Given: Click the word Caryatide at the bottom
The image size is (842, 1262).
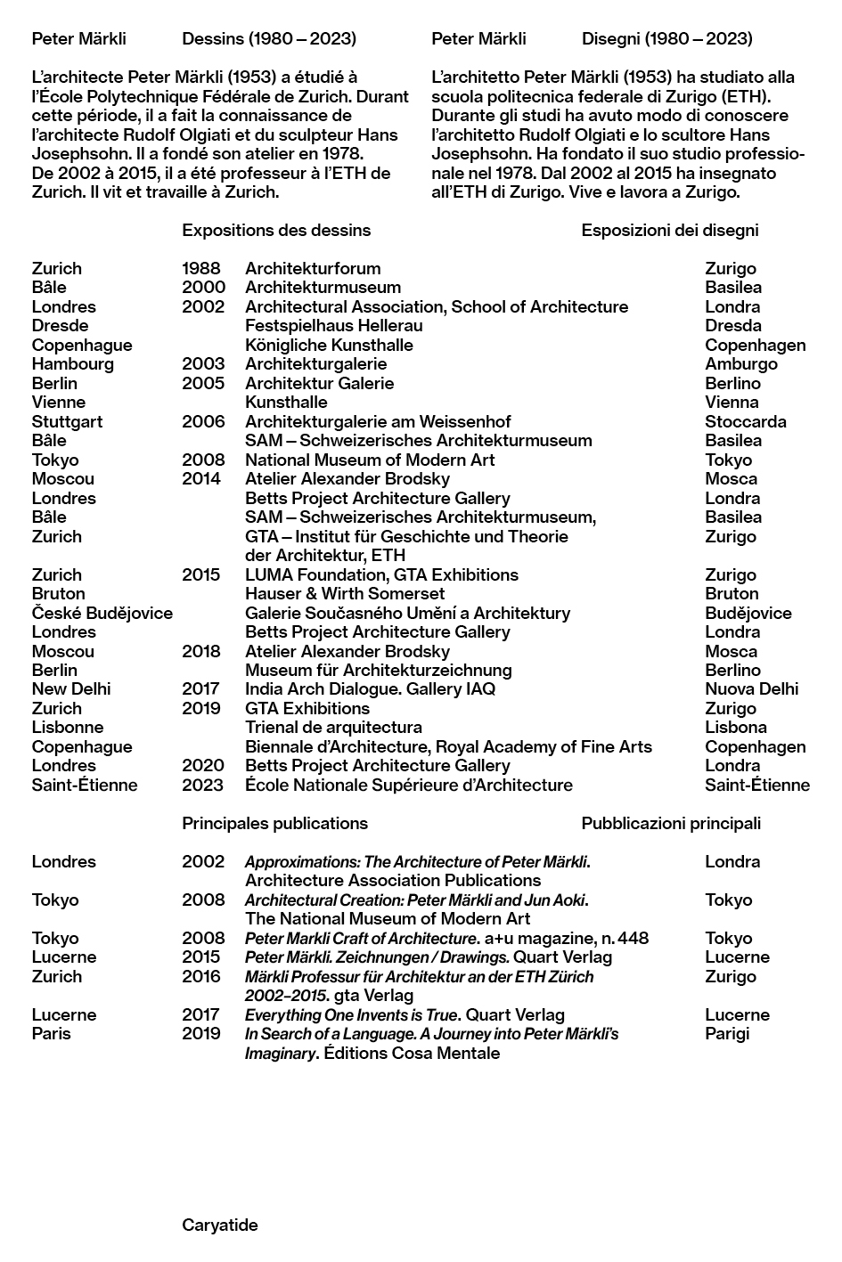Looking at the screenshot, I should click(x=219, y=1225).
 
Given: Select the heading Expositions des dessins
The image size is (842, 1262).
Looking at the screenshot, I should click(x=276, y=231).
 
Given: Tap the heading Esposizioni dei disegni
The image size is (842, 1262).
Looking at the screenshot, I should click(x=669, y=231).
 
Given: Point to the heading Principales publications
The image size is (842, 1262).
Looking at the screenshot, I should click(x=274, y=824).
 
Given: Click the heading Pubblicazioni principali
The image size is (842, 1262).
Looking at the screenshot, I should click(x=671, y=824).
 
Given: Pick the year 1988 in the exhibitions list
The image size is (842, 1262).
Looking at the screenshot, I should click(x=201, y=269).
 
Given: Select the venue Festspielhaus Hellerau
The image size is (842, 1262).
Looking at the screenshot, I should click(x=333, y=326).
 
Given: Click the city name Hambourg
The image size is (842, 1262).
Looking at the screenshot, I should click(x=73, y=364).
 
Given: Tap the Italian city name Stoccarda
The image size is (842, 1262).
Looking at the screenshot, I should click(x=745, y=422).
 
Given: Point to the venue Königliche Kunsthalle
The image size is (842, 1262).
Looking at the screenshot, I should click(x=329, y=346).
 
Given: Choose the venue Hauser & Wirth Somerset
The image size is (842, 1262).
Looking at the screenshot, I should click(x=345, y=594).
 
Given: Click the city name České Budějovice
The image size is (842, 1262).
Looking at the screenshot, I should click(x=102, y=614).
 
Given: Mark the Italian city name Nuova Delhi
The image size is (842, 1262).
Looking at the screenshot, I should click(x=751, y=689).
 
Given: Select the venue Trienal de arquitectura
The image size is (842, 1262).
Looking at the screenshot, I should click(x=333, y=728).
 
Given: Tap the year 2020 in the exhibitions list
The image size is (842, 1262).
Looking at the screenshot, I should click(x=203, y=766).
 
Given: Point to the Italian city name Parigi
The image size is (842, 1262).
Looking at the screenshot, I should click(x=727, y=1034).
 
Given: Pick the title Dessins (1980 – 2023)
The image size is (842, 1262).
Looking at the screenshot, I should click(x=269, y=39).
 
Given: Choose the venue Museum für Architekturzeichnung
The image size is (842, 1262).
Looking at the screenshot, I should click(x=378, y=671).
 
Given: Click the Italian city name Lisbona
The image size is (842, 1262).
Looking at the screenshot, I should click(x=735, y=728).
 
